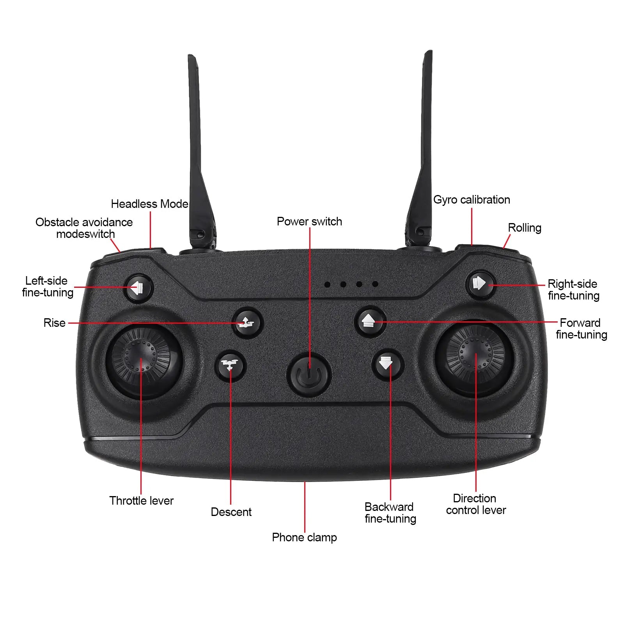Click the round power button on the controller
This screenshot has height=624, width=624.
coord(309,375)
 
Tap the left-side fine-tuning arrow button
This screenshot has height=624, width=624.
coord(138,289)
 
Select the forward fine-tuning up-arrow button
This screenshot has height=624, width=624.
coord(370,322)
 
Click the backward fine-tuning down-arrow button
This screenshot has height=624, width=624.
coord(387,364)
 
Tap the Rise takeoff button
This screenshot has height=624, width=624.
coord(248,323)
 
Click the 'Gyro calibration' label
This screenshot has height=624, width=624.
coord(472,200)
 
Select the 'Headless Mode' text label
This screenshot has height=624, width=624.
coord(150,204)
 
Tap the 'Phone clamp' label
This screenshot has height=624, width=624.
coord(304,537)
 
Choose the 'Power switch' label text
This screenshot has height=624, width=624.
coord(309,222)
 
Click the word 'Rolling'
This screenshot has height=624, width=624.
coord(525,228)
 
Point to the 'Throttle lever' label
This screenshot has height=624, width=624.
coord(142,501)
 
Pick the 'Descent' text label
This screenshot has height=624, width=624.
coord(231,512)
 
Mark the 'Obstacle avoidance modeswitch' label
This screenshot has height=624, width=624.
coord(84,228)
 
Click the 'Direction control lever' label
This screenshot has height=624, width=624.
coord(476,504)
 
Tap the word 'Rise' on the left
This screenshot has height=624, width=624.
coord(55,323)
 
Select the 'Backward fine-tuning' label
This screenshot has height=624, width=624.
coord(390,513)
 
